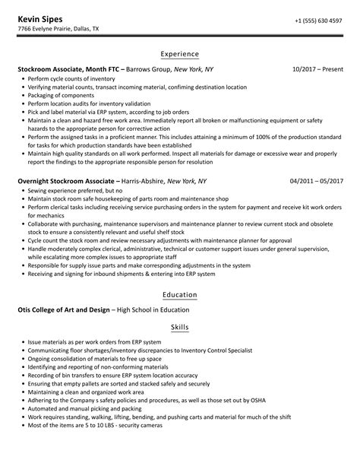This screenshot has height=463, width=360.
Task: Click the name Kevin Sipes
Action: coord(41,17)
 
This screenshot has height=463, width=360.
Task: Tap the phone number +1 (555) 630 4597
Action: coord(320,19)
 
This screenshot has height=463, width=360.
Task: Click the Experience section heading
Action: coord(180,54)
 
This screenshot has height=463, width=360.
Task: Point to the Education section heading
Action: coord(180,294)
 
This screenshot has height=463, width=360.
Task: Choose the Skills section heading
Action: coord(180,326)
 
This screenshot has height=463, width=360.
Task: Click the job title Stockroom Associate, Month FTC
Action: coord(72,69)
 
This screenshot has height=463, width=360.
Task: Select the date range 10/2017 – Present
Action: coord(318,69)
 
